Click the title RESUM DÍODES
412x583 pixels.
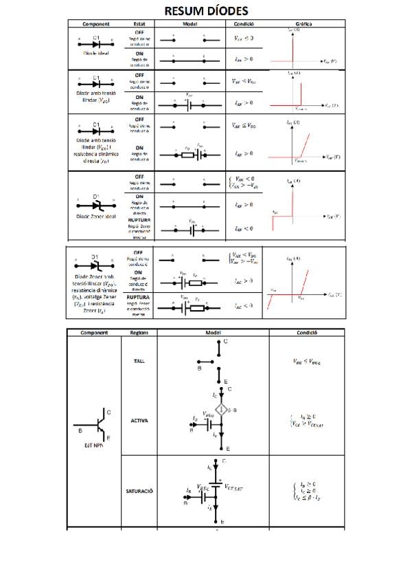pyautogui.click(x=206, y=11)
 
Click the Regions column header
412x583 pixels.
pyautogui.click(x=139, y=332)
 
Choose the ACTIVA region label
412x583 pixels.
pyautogui.click(x=139, y=420)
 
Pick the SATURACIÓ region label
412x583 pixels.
pyautogui.click(x=139, y=491)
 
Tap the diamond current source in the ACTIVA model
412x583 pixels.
pyautogui.click(x=221, y=409)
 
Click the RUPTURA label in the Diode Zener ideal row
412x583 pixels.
pyautogui.click(x=139, y=221)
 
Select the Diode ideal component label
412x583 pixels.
pyautogui.click(x=97, y=52)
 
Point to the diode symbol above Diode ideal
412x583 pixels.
pyautogui.click(x=97, y=43)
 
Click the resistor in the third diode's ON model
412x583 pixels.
pyautogui.click(x=187, y=153)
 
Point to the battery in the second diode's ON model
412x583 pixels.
pyautogui.click(x=190, y=105)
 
